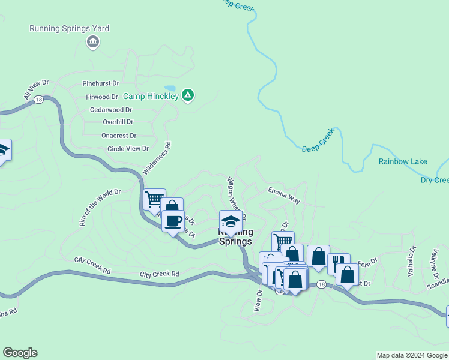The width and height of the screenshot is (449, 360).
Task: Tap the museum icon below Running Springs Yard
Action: pos(93,41)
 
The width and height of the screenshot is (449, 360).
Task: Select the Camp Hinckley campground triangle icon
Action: pos(188,94)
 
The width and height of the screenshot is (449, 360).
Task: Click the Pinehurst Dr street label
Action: pos(101,83)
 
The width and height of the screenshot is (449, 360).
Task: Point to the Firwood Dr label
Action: pos(102,97)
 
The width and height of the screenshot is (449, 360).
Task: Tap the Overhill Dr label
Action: pos(105,122)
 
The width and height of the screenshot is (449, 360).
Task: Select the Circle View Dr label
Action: pos(128,149)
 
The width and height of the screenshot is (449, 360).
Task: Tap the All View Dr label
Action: pos(36,89)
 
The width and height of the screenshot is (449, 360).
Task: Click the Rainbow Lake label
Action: pos(403,161)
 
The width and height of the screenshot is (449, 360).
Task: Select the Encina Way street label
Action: pos(283,196)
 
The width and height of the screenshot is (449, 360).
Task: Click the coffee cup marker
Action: pos(173,221)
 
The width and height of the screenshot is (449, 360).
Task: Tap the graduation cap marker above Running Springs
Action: pos(231,220)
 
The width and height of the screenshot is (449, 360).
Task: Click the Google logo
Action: pos(20,353)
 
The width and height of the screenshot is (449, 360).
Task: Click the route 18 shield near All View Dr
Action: pos(39,99)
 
